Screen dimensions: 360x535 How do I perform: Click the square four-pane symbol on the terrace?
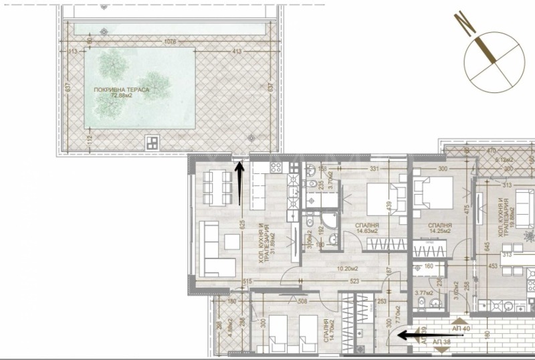[x=153, y=142]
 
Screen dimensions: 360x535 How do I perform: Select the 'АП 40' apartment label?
[x=443, y=329]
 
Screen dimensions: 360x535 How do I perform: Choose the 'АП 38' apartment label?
[x=442, y=342]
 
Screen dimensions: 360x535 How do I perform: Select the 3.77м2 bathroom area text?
[x=424, y=292]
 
